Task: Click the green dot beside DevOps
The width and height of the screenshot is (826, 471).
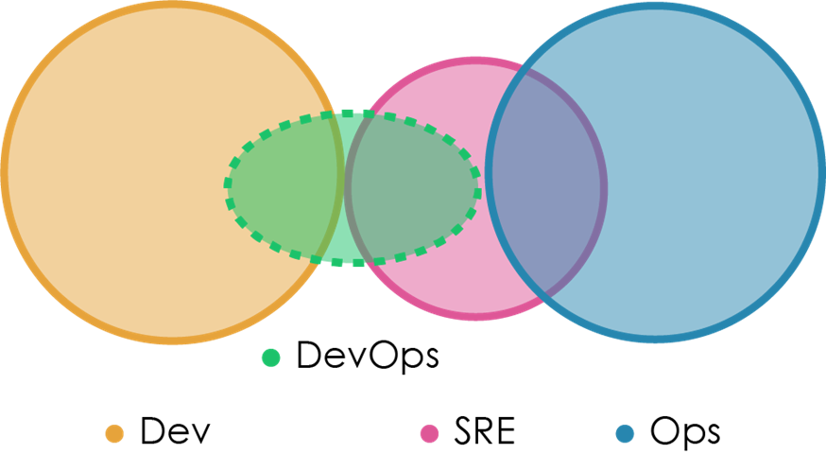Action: coord(271,358)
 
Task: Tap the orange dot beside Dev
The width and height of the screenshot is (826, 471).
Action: coord(115,433)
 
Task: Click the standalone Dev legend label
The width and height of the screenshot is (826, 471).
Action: coord(175,432)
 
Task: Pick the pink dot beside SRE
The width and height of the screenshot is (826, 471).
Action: coord(430,433)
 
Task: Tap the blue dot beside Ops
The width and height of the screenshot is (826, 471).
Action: coord(624,433)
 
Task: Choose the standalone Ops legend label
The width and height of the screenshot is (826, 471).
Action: coord(685,433)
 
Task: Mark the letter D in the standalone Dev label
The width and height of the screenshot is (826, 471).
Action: coord(153,432)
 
